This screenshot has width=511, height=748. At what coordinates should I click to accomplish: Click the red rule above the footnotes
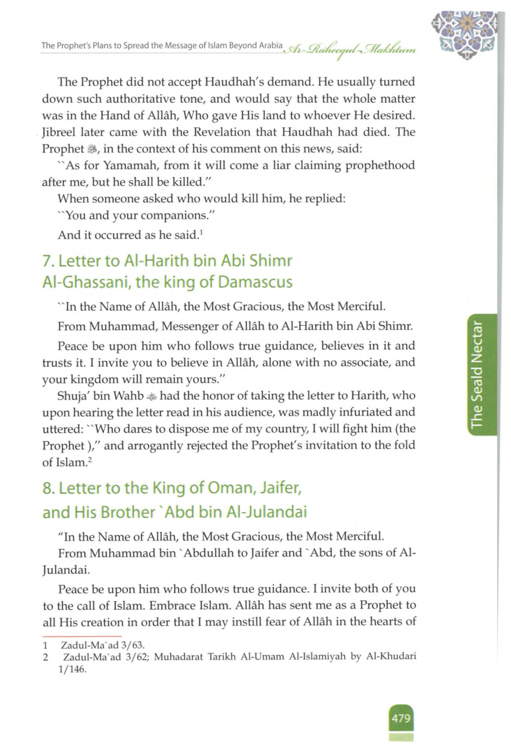(82, 636)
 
